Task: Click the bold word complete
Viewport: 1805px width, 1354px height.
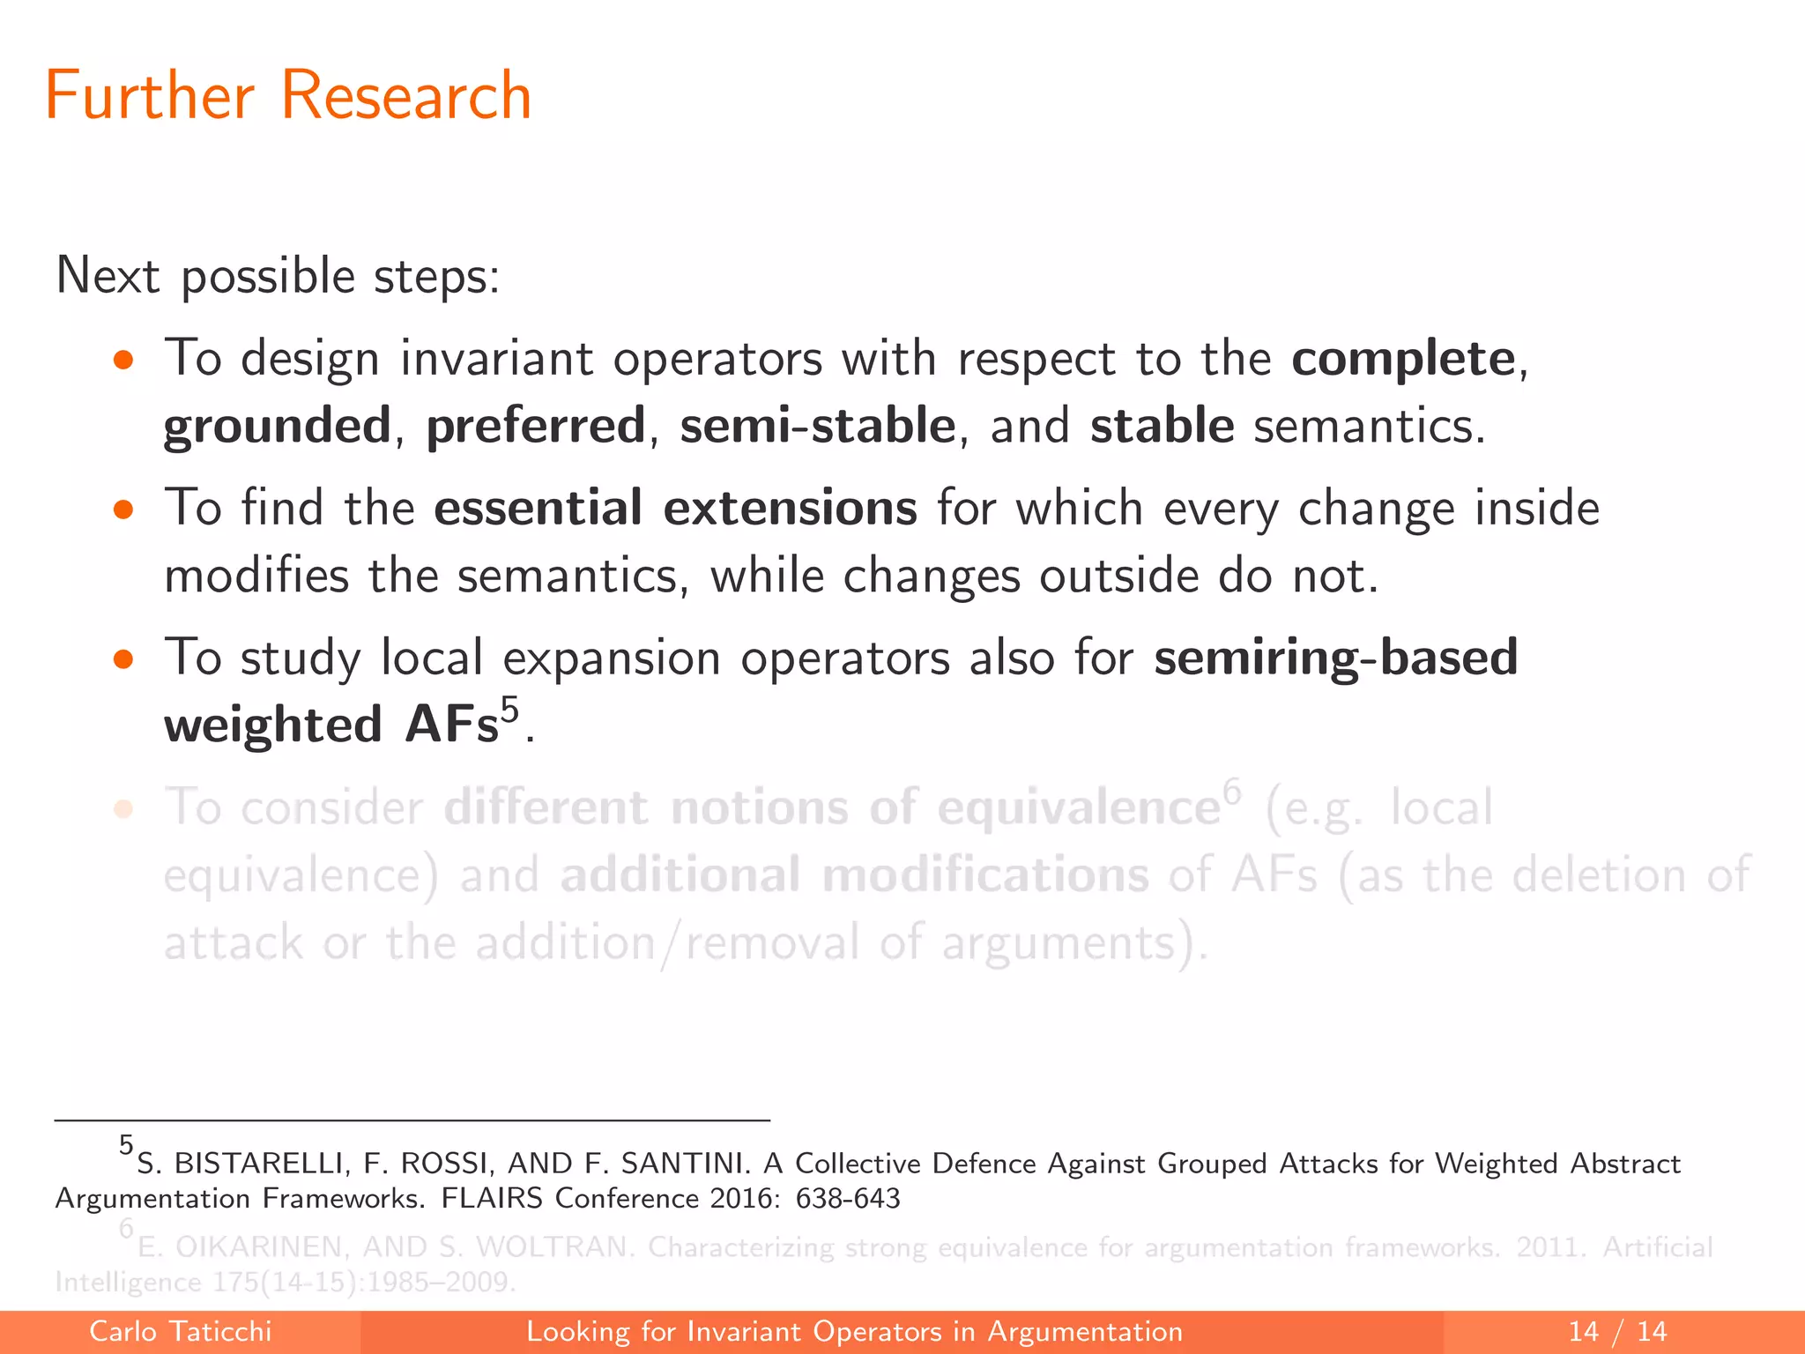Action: click(x=1403, y=359)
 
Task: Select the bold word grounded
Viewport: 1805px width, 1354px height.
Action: click(x=277, y=427)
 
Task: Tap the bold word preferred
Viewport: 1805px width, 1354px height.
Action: click(x=536, y=426)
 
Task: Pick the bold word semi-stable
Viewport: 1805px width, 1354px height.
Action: click(x=817, y=426)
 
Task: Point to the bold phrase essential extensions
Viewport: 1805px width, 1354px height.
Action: click(x=675, y=509)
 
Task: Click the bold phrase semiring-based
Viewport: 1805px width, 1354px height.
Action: click(x=1335, y=658)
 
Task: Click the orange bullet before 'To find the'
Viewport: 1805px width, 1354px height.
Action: click(x=123, y=510)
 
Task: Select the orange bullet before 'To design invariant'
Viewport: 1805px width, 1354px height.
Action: click(x=123, y=360)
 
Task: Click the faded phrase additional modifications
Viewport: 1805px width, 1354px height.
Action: click(x=854, y=875)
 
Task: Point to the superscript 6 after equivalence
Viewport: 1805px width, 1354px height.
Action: click(x=1231, y=791)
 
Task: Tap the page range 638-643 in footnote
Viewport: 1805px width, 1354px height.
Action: click(x=847, y=1199)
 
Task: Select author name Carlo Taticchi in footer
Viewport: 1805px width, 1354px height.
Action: click(x=180, y=1331)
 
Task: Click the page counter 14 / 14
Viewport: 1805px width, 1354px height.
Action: click(x=1617, y=1331)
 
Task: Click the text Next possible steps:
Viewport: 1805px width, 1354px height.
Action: click(x=278, y=277)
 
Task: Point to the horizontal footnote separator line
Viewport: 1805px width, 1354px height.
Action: click(x=412, y=1120)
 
